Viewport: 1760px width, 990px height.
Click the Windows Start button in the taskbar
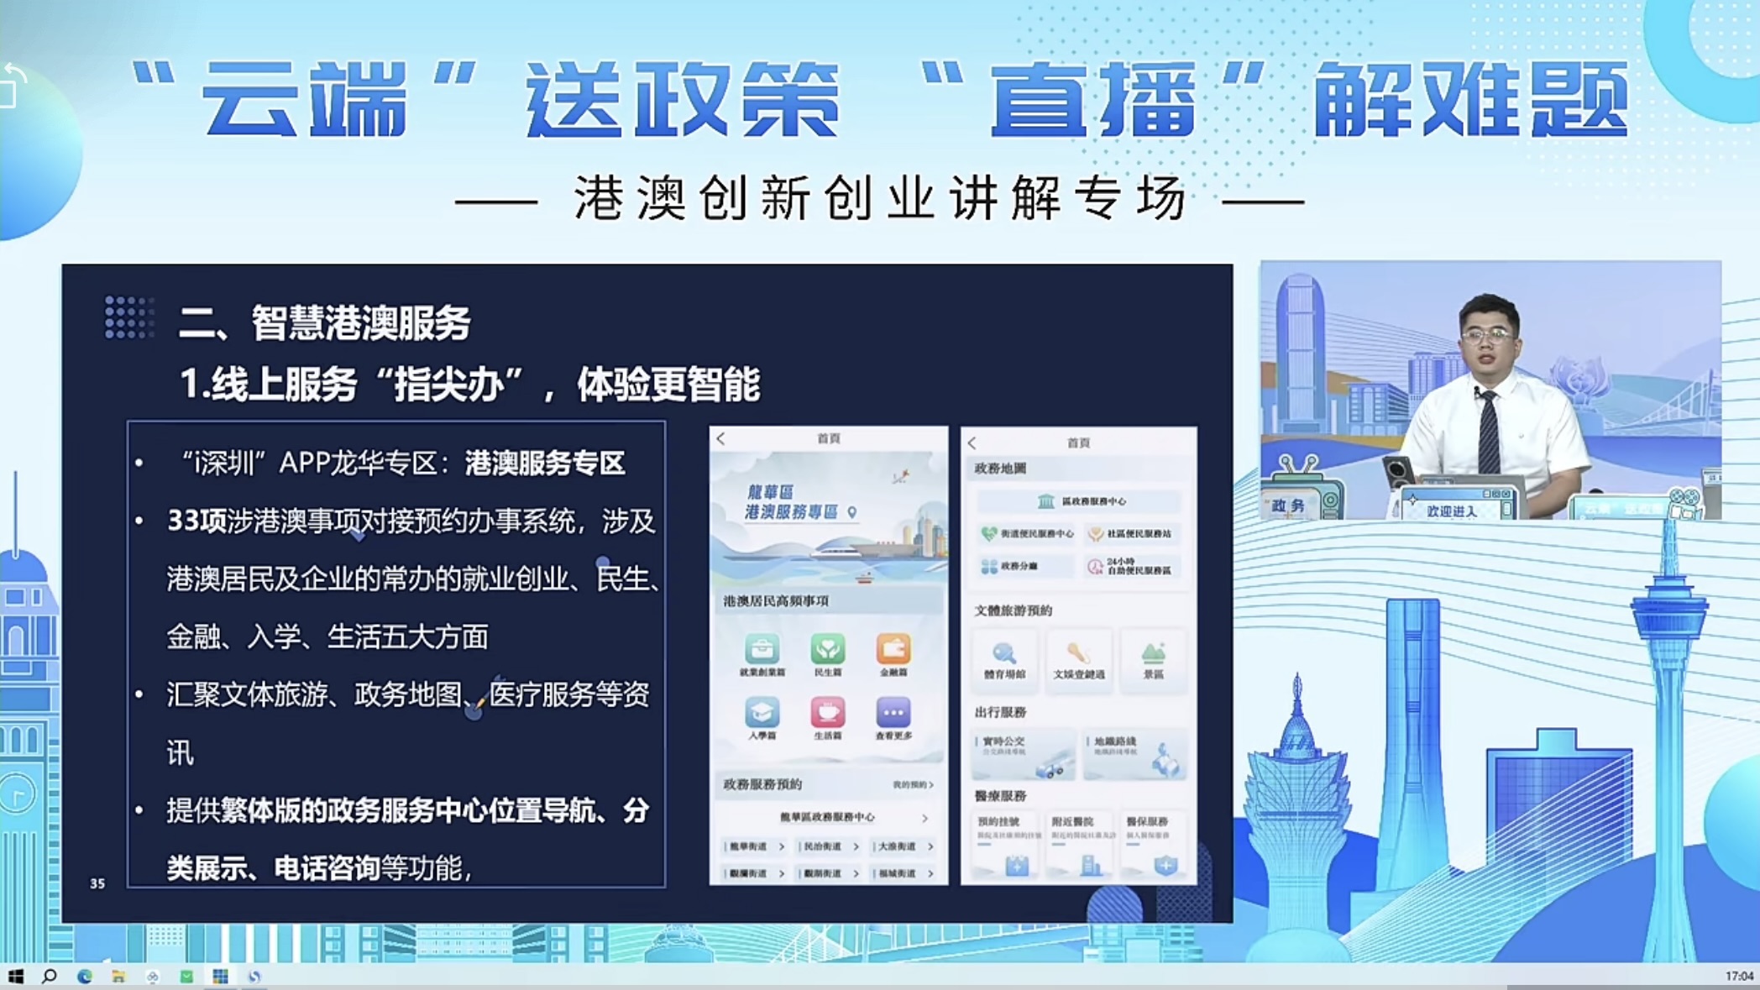point(15,976)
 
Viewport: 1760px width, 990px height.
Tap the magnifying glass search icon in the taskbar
point(50,976)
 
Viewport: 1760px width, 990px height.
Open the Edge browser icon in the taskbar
point(84,976)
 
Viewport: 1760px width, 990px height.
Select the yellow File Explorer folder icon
point(118,976)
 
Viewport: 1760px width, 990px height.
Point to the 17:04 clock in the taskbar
point(1738,976)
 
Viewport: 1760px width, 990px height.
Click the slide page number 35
point(97,883)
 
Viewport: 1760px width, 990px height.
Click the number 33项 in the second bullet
point(196,521)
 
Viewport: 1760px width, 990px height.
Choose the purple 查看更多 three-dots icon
point(893,713)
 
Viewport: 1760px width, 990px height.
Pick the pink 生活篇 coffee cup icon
point(827,713)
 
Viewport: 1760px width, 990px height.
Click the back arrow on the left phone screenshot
point(720,438)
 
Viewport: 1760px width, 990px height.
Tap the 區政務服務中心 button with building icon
point(1079,501)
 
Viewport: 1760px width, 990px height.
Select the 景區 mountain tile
point(1153,659)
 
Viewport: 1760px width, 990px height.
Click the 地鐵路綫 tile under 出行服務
point(1134,753)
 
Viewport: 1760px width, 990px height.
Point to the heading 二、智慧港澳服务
point(324,323)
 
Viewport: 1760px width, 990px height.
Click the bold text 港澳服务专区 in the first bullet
point(545,464)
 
